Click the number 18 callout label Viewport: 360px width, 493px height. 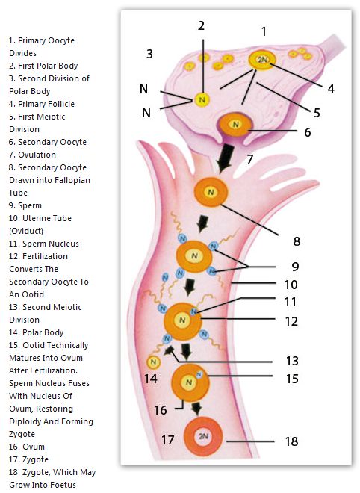coord(291,441)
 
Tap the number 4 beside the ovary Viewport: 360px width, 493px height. coord(331,89)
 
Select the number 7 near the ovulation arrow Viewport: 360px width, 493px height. coord(250,159)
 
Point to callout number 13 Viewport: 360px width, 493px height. coord(292,361)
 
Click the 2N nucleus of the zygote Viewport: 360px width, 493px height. coord(203,436)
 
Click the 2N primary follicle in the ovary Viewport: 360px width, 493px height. coord(262,60)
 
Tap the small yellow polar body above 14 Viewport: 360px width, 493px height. coord(153,362)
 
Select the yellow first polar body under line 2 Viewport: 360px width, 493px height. coord(202,100)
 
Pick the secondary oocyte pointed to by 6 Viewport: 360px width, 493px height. coord(235,125)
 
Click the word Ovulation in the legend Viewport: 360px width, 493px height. coord(37,155)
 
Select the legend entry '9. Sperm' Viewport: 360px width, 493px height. coord(25,205)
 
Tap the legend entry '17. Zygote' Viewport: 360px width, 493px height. coord(28,459)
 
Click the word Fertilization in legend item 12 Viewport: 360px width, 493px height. coord(45,256)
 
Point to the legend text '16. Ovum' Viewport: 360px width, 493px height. coord(27,447)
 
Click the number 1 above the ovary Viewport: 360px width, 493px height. coord(264,31)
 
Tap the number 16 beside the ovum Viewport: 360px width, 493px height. coord(160,410)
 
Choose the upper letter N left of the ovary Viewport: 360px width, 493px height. coord(143,89)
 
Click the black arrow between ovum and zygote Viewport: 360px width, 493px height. coord(197,409)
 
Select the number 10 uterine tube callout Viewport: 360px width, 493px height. coord(291,285)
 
